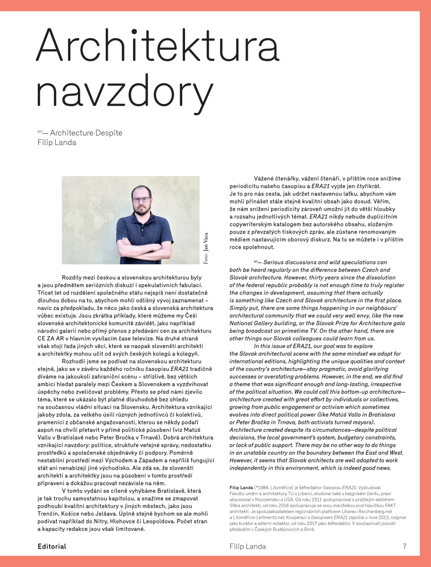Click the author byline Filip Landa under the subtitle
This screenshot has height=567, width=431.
point(57,142)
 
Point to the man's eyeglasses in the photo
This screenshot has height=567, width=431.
point(141,200)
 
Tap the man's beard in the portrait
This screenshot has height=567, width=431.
point(141,211)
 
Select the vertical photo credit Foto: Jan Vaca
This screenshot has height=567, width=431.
point(206,248)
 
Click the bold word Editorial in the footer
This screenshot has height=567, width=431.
point(52,547)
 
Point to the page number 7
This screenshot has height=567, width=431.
point(405,547)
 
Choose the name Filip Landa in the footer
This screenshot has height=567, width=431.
point(247,547)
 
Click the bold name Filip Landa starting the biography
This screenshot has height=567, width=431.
point(241,487)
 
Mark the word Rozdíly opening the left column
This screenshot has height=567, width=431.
point(73,278)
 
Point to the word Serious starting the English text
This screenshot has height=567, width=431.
point(279,262)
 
